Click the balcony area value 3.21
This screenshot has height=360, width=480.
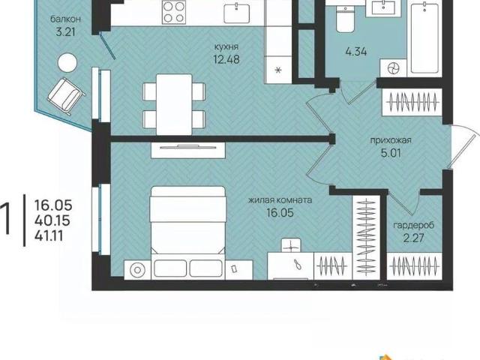65,31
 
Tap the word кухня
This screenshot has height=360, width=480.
226,46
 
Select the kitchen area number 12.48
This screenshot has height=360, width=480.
226,59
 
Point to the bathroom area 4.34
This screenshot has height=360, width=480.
356,51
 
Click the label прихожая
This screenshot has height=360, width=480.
391,140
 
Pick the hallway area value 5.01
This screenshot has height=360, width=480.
391,153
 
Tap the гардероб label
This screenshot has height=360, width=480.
413,226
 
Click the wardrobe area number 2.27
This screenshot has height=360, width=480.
413,238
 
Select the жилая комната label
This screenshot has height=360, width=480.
280,200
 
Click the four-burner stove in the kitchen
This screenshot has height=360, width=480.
174,12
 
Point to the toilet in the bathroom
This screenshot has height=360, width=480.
345,19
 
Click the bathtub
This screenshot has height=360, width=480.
424,37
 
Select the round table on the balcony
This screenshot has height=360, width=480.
67,63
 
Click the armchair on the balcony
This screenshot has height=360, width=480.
66,96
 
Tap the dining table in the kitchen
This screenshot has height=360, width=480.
174,104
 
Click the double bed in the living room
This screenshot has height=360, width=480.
188,232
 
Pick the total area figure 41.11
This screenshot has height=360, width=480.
49,235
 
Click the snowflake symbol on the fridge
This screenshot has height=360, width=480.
278,70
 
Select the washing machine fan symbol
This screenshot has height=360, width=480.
393,68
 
